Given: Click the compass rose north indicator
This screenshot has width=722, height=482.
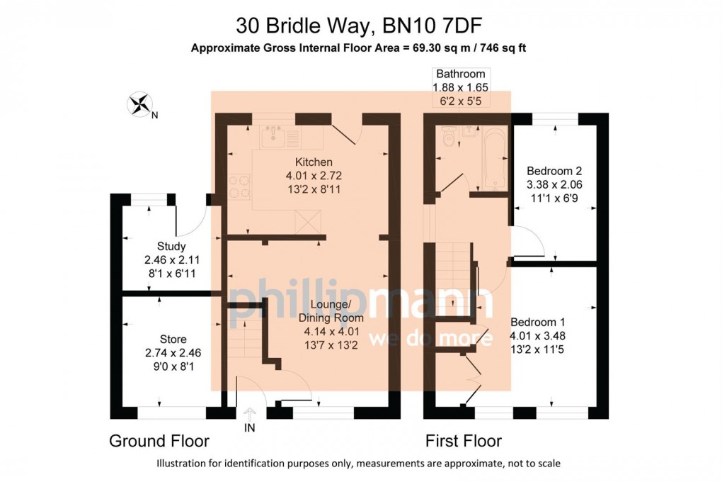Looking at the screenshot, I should (140, 105).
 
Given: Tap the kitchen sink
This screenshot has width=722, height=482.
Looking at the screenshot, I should (273, 136).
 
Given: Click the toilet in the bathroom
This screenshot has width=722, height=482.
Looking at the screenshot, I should (447, 138).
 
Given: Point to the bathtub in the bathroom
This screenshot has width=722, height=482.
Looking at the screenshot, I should (493, 157).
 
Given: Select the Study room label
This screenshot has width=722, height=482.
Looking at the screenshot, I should (171, 247).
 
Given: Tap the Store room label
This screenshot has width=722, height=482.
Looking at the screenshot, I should (173, 340).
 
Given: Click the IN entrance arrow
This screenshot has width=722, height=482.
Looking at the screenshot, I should (249, 415).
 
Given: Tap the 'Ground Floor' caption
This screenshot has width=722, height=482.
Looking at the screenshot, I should (159, 441).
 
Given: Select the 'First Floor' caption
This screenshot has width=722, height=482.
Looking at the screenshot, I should (463, 441).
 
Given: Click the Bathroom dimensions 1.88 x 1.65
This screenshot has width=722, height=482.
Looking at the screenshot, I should (460, 86).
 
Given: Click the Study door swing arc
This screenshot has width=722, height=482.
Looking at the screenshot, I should (190, 220).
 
